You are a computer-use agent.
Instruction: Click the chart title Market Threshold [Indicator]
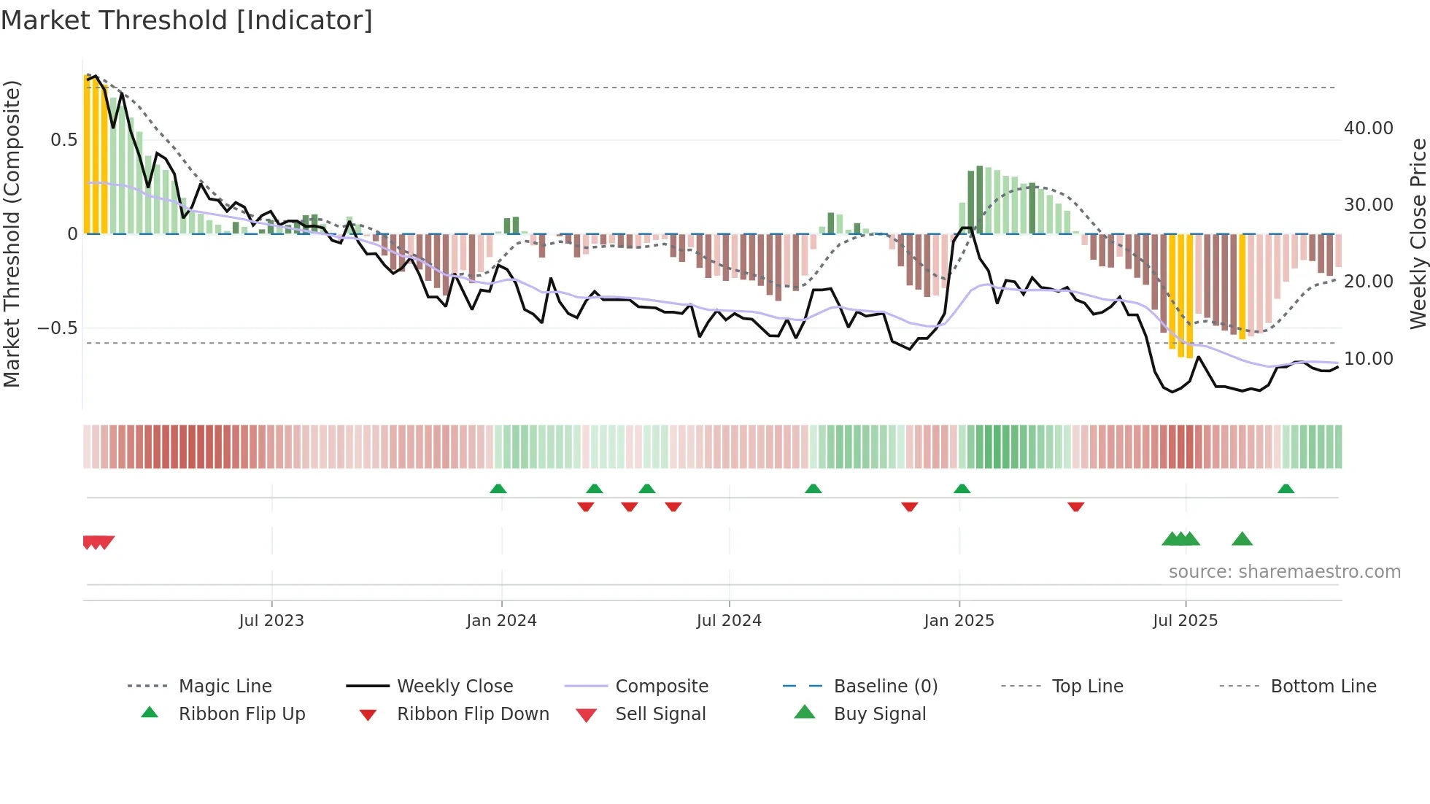(x=187, y=20)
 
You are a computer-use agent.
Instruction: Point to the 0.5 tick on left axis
(x=63, y=140)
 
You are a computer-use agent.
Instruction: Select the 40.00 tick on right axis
(x=1368, y=128)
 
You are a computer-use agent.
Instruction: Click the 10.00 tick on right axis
(x=1368, y=359)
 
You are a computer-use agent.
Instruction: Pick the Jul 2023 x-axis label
(x=271, y=621)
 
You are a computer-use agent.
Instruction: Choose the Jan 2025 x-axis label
(x=959, y=621)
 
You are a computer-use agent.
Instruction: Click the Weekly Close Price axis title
(x=1418, y=233)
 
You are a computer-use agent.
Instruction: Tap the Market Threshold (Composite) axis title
(x=12, y=233)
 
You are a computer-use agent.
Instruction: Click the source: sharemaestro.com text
(x=1284, y=572)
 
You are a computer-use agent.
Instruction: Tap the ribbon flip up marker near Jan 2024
(x=498, y=489)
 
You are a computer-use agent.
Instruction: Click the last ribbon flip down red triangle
(x=1075, y=506)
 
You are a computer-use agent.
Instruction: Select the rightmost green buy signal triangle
(x=1242, y=539)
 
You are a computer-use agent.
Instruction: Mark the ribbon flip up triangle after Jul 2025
(x=1286, y=489)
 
